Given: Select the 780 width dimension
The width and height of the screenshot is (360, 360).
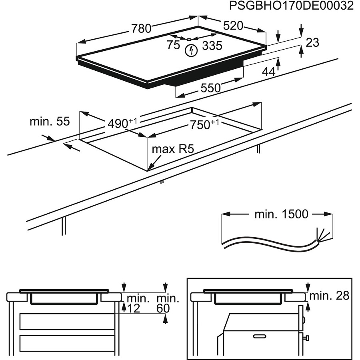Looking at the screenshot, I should coord(141,28).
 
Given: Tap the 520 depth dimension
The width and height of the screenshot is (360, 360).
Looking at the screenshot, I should coord(233,26).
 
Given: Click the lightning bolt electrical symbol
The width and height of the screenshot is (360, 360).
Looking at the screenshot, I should coord(192,51).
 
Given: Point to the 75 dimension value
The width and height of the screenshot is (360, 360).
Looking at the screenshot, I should coord(173,45).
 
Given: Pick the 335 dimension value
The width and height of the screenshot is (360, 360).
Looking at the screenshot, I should coord(212,46).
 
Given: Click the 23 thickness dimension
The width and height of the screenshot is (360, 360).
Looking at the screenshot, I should coord(312,42).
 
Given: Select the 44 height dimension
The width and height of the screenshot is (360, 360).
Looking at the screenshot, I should coord(268,72).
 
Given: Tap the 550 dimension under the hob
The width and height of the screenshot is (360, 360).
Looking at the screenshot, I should coord(210,88).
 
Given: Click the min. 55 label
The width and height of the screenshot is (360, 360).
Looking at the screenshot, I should coord(50,122).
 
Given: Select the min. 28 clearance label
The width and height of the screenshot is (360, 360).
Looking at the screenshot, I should coord(330,296).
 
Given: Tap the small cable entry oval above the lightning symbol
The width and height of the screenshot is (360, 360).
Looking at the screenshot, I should coord(188,39).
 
